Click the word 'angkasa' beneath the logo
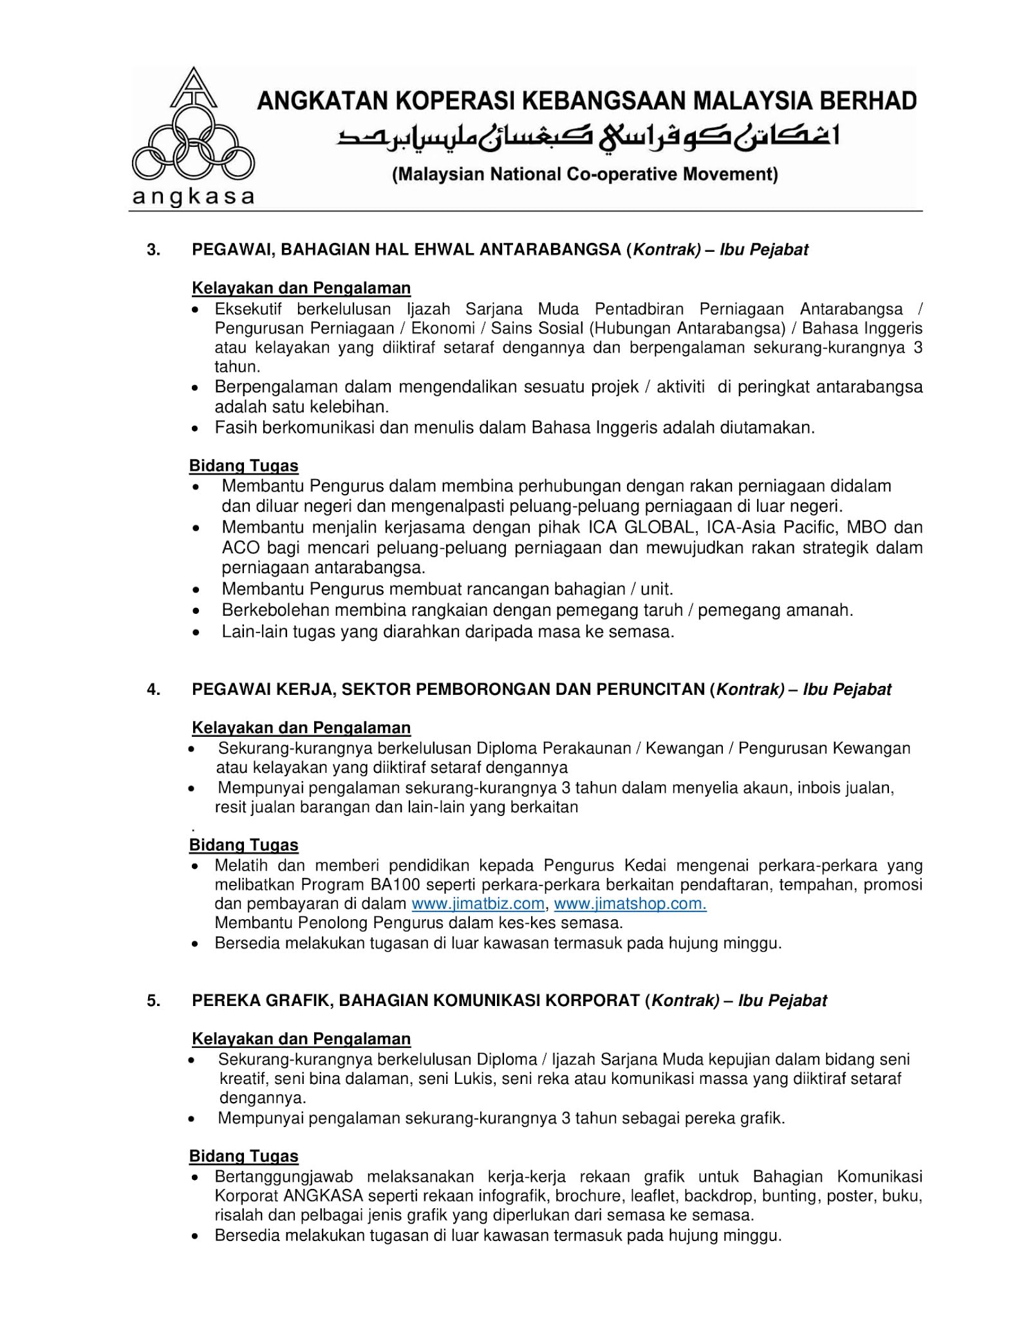tap(193, 196)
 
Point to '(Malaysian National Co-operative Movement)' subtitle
tap(585, 175)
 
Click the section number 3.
tap(153, 250)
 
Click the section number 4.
tap(153, 689)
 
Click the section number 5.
tap(153, 1000)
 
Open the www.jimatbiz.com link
tap(478, 904)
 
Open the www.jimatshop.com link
tap(630, 904)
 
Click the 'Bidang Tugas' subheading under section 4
tap(243, 845)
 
